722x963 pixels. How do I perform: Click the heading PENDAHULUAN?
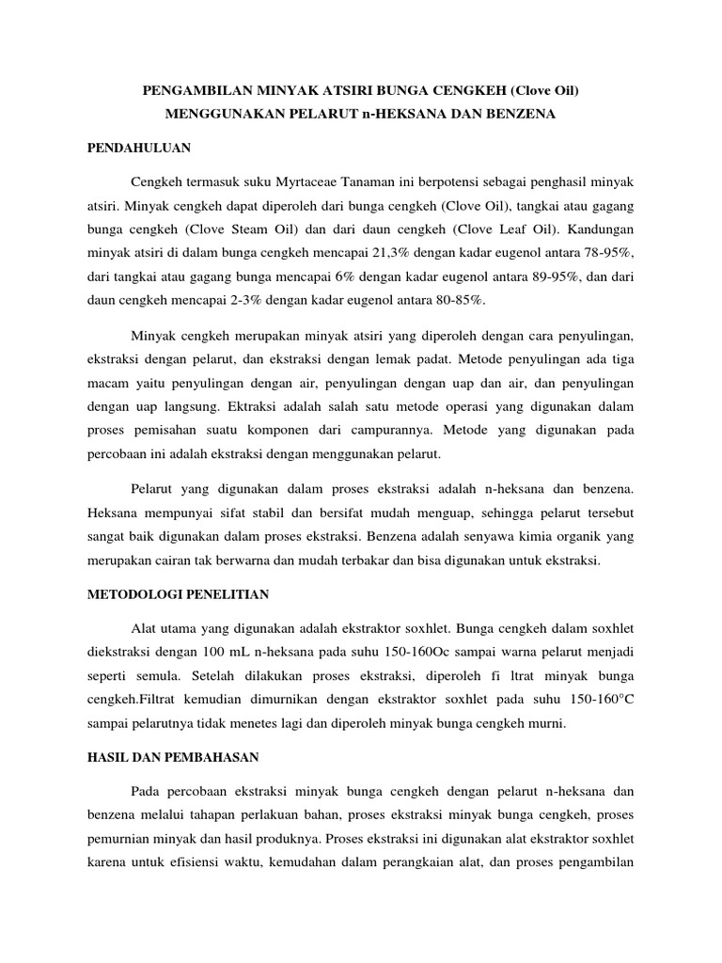coord(139,149)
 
